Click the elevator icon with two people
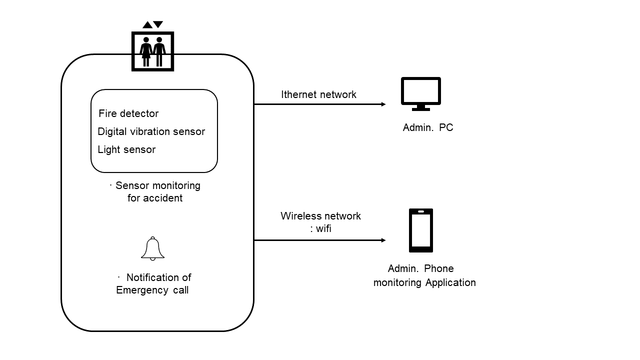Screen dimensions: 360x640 [x=152, y=51]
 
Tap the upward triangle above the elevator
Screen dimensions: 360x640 [x=147, y=24]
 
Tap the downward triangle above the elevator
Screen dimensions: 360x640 [x=158, y=24]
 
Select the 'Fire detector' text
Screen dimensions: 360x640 [x=128, y=113]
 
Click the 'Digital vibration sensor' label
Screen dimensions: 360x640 [x=151, y=131]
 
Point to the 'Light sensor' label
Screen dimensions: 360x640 [x=126, y=149]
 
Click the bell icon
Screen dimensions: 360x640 [x=152, y=248]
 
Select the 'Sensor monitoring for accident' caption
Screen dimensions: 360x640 [x=155, y=191]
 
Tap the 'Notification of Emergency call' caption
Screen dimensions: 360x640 [x=154, y=283]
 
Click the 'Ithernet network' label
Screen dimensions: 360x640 [x=318, y=94]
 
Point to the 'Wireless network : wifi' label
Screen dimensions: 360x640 [x=320, y=222]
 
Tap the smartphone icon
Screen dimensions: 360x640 [x=421, y=230]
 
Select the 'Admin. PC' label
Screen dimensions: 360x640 [x=427, y=127]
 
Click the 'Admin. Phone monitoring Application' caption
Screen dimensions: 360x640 [x=424, y=275]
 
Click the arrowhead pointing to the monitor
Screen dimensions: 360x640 [x=383, y=104]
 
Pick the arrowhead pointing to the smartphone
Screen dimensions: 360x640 [x=383, y=240]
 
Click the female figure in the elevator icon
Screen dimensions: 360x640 [x=146, y=51]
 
